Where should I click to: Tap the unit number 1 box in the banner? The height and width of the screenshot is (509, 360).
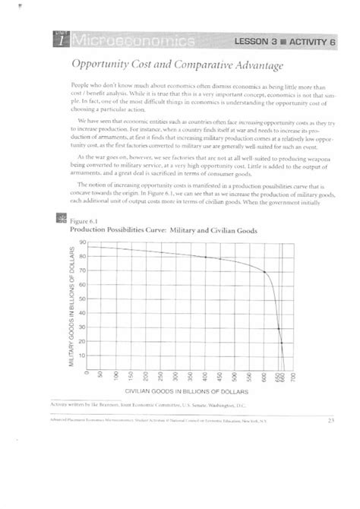click(60, 39)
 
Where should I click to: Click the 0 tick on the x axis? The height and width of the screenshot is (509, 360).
click(89, 375)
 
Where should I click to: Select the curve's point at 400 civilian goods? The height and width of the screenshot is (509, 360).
click(206, 257)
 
